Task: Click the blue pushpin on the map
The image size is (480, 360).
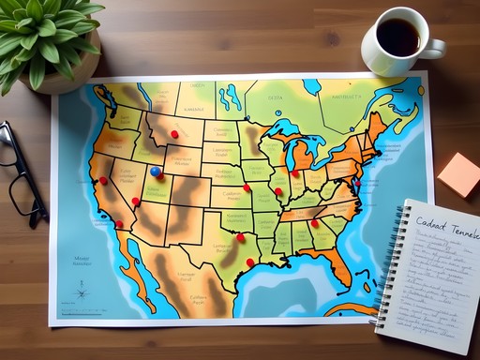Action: [x=155, y=172]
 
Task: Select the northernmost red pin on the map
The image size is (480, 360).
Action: [x=174, y=134]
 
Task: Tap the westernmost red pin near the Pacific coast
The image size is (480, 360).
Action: [x=103, y=180]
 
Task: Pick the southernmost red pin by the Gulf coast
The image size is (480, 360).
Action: [x=250, y=262]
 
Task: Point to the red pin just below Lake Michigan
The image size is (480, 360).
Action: [x=294, y=172]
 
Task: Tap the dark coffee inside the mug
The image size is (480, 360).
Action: [x=398, y=37]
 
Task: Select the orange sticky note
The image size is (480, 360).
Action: [x=459, y=173]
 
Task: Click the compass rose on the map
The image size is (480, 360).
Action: [x=82, y=292]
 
